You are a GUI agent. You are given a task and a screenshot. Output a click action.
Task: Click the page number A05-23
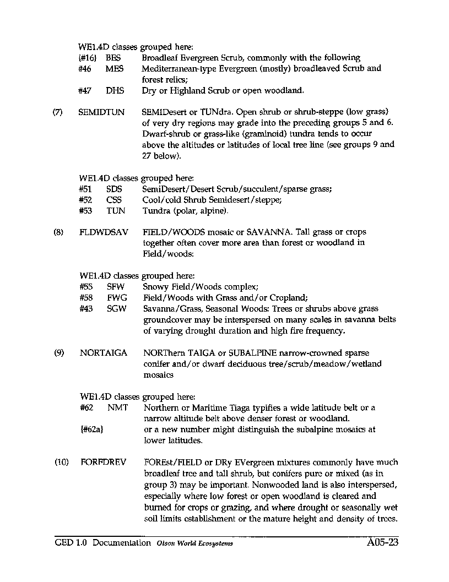382,543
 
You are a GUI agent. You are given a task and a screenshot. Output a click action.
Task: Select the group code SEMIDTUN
101,112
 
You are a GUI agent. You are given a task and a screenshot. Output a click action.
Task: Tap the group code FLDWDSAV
104,232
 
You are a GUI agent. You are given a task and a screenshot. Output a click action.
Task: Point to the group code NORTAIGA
104,353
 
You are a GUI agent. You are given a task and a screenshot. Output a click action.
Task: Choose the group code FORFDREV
103,463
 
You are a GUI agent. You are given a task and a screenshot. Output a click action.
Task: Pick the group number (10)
62,463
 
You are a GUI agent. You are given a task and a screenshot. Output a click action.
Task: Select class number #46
85,68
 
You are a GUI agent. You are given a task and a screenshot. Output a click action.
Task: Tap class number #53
85,211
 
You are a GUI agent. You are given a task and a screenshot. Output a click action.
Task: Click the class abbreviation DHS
115,90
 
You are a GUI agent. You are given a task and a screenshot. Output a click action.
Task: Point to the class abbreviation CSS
114,200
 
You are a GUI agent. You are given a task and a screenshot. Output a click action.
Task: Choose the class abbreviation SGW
116,309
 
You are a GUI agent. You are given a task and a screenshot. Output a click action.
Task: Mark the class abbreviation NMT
117,407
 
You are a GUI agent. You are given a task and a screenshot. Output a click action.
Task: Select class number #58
86,298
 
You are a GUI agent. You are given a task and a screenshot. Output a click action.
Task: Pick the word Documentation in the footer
122,543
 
